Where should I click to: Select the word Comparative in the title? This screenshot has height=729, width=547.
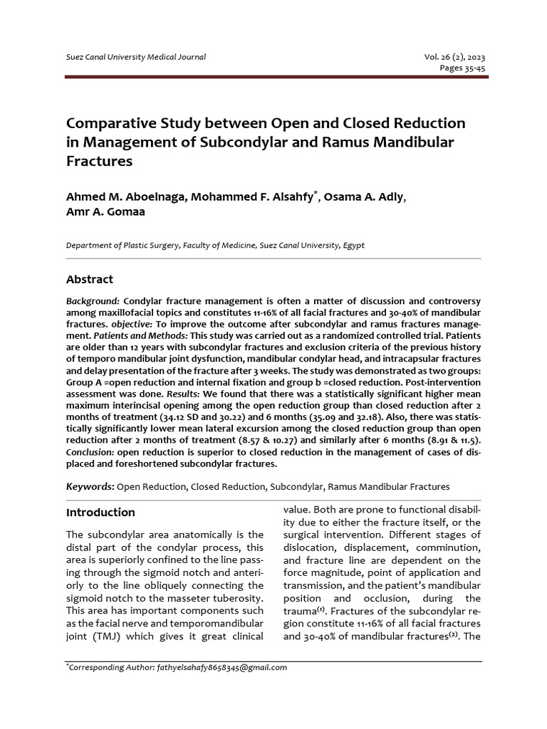(x=114, y=124)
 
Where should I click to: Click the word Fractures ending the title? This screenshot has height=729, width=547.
(x=100, y=161)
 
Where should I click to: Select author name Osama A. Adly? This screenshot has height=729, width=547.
(x=367, y=197)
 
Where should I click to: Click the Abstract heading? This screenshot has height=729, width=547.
(x=90, y=279)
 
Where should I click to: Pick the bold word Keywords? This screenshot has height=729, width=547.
(x=90, y=487)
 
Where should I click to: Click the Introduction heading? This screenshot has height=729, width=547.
(x=100, y=513)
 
